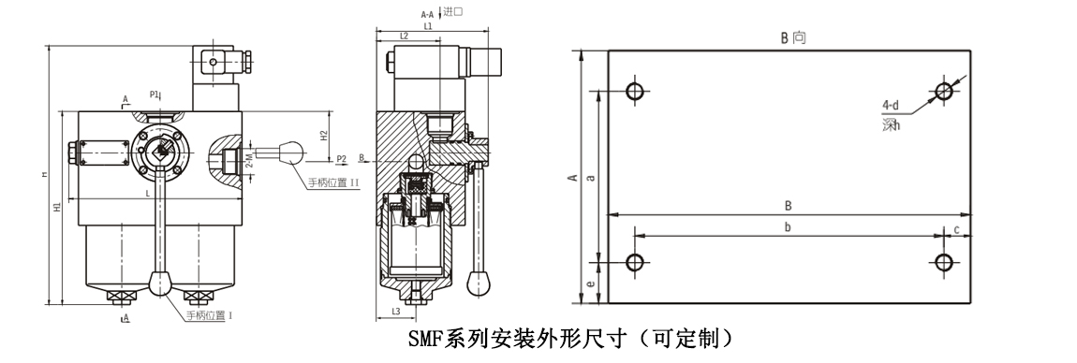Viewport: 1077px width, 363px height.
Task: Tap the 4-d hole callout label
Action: point(891,105)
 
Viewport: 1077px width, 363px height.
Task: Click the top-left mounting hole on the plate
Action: point(635,91)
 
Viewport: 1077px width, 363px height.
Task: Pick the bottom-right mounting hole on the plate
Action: point(944,261)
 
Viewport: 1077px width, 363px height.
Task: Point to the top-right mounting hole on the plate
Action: point(944,91)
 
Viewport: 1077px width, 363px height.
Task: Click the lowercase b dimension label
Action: point(788,227)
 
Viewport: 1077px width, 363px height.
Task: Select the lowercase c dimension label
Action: point(956,228)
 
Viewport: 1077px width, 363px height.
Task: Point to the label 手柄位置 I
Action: point(208,315)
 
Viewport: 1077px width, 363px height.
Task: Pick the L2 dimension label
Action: point(404,36)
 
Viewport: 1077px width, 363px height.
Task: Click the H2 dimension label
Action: point(323,134)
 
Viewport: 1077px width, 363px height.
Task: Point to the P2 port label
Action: point(341,159)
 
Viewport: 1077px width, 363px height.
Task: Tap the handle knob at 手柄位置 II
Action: point(292,151)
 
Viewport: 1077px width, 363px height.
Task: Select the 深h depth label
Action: point(891,124)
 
